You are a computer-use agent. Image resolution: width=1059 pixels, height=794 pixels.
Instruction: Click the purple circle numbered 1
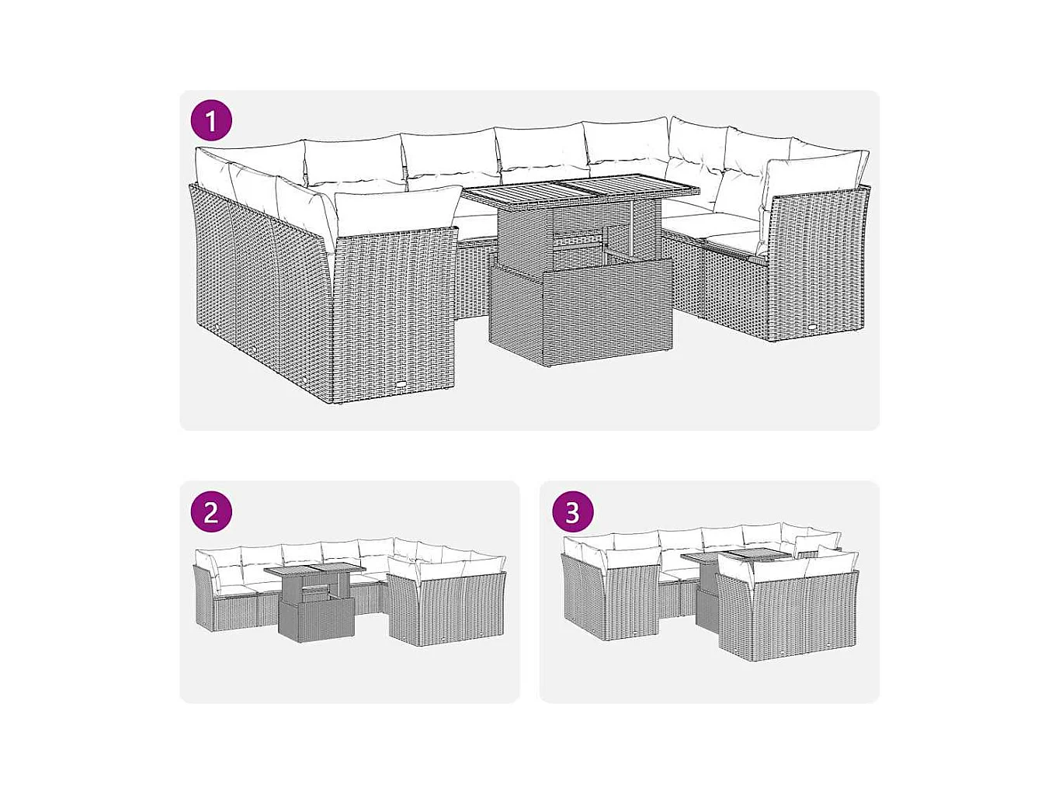pyautogui.click(x=211, y=120)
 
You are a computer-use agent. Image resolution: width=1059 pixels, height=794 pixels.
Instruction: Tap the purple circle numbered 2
pyautogui.click(x=211, y=511)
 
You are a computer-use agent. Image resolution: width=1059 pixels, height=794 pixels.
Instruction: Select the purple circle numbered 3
pyautogui.click(x=572, y=511)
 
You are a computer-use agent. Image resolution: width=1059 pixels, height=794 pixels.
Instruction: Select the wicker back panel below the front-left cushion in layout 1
pyautogui.click(x=394, y=314)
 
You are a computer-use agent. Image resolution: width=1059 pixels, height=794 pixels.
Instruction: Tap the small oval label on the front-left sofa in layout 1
pyautogui.click(x=401, y=385)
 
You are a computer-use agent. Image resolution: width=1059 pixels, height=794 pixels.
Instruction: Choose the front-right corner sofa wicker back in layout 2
pyautogui.click(x=446, y=609)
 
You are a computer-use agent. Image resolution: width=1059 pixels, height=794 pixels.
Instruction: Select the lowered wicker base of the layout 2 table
pyautogui.click(x=317, y=621)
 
